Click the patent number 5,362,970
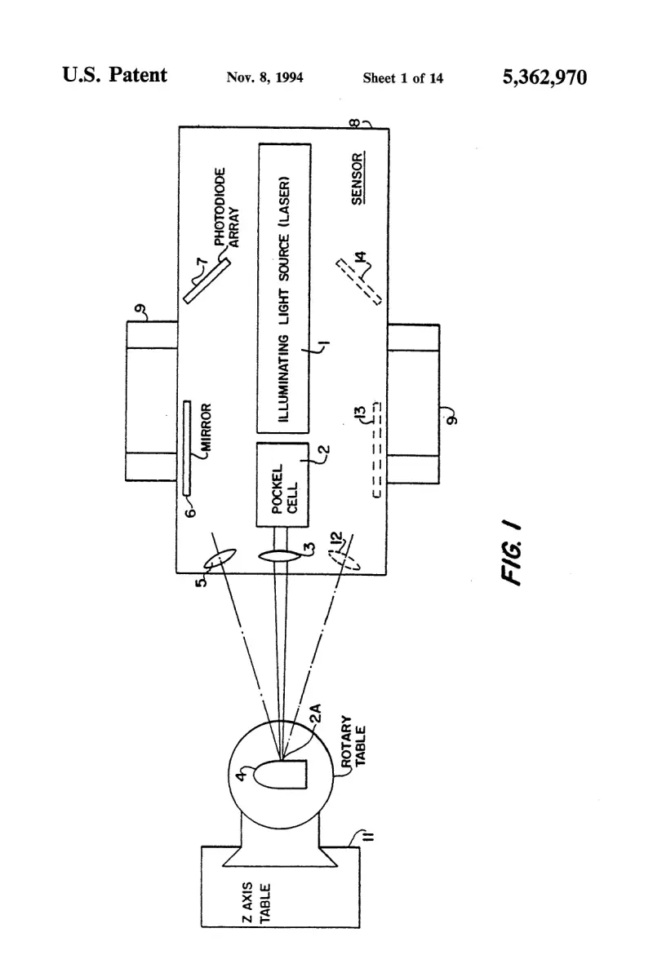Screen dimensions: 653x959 point(544,77)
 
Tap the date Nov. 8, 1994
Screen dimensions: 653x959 point(264,77)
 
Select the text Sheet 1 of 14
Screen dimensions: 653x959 point(402,77)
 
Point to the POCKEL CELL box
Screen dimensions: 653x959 point(282,484)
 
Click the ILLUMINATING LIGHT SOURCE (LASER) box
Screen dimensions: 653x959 point(285,289)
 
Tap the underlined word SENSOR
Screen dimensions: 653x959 point(358,179)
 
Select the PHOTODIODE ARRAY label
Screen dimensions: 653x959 point(225,207)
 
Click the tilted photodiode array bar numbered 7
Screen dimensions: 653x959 point(207,281)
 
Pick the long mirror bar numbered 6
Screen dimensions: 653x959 point(187,448)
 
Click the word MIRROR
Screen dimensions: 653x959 point(206,427)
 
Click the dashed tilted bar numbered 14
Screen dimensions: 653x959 point(359,282)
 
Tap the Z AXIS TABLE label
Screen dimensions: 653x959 point(255,902)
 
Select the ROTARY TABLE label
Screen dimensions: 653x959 point(353,741)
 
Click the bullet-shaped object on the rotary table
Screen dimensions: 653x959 point(280,775)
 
